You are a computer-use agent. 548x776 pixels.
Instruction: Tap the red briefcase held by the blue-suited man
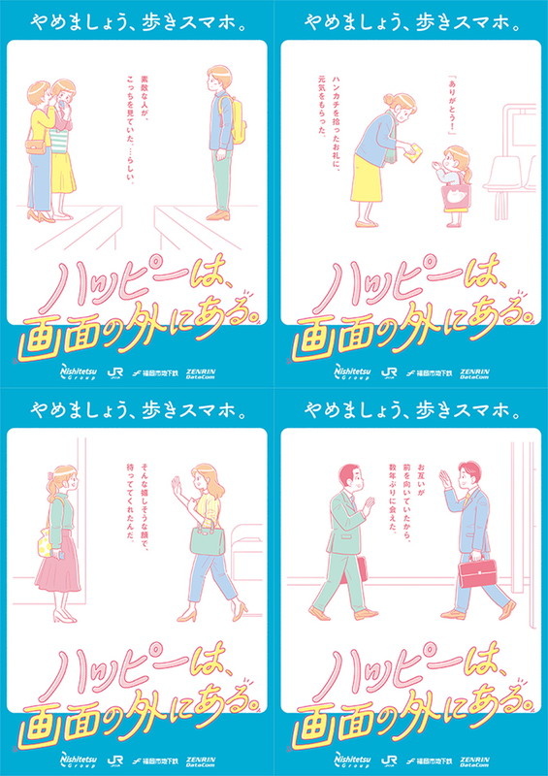pos(474,571)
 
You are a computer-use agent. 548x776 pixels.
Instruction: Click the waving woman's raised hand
pos(177,484)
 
